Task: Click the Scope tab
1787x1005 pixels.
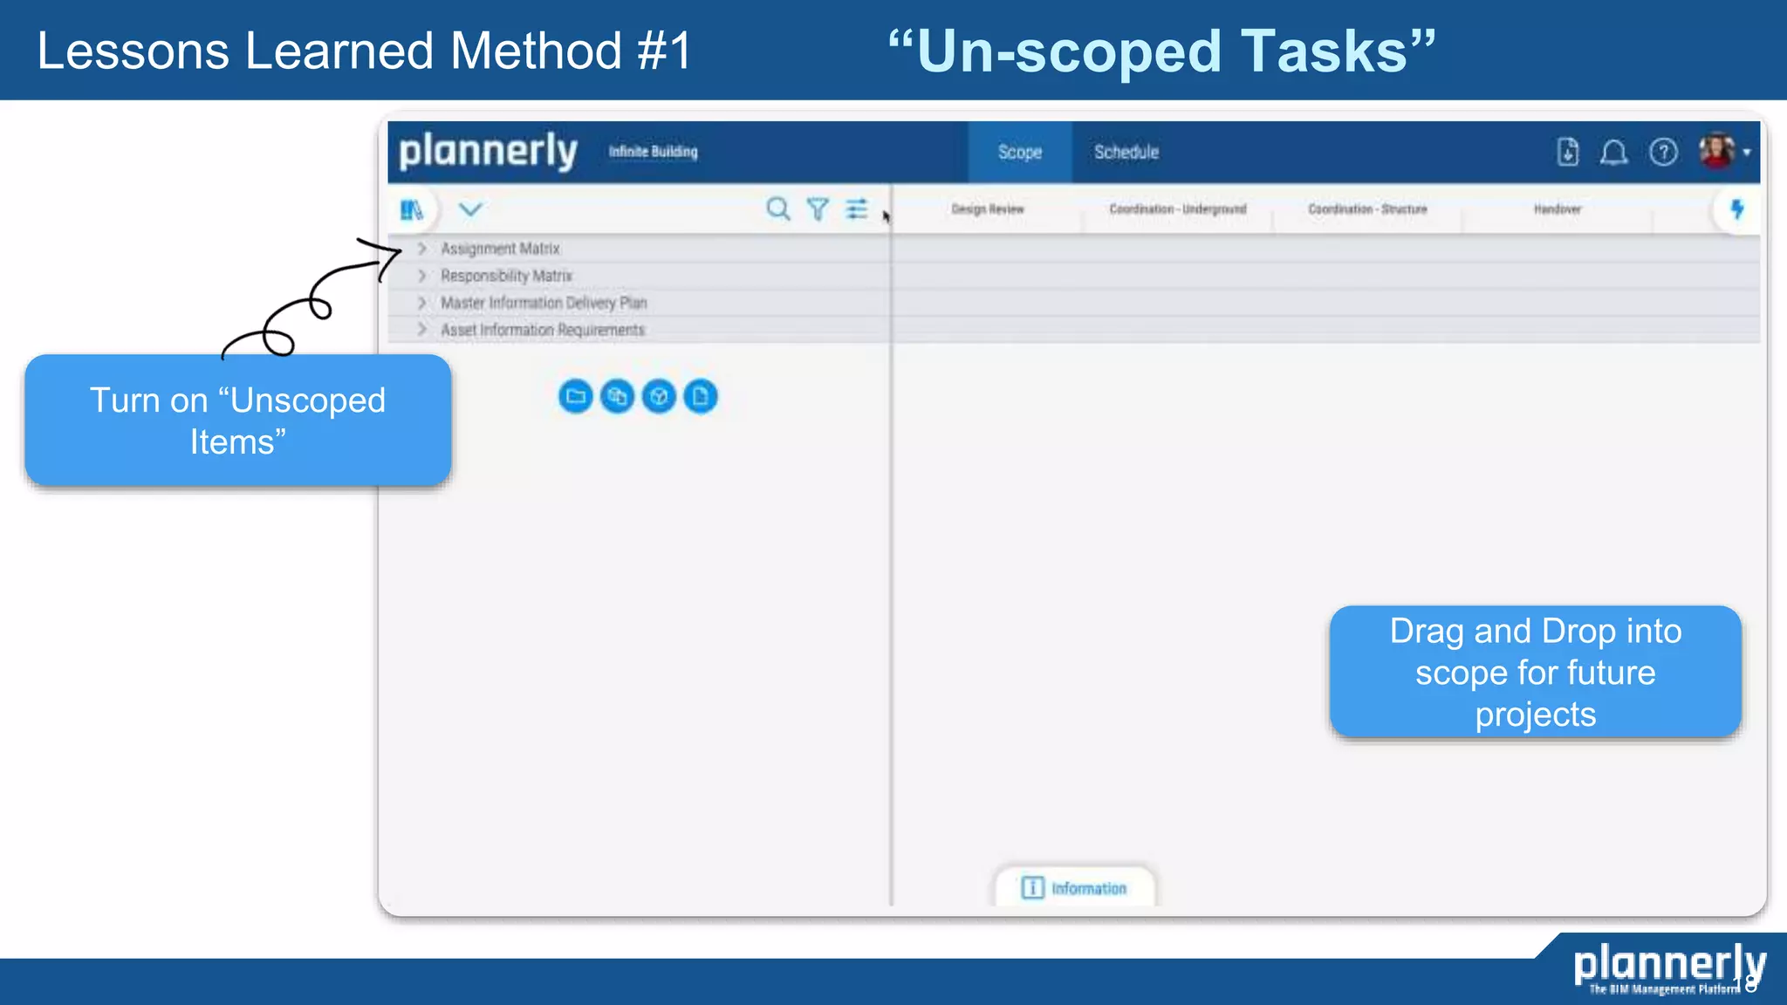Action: click(1019, 152)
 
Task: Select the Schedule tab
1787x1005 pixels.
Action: click(1126, 152)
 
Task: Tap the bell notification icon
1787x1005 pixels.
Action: click(1613, 153)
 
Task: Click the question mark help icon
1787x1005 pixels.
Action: click(1663, 153)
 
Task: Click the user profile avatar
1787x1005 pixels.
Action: click(1716, 151)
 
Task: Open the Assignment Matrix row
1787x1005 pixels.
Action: click(500, 249)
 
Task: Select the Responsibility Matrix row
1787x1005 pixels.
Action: click(506, 276)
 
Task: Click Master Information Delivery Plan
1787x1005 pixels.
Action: click(544, 303)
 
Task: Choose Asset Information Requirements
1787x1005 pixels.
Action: click(542, 330)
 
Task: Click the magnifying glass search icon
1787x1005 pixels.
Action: click(777, 209)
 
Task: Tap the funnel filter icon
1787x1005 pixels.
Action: click(818, 209)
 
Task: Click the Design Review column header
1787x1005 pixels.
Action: click(988, 209)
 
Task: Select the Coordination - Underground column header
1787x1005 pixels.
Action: click(1178, 209)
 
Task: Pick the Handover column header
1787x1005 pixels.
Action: click(1558, 209)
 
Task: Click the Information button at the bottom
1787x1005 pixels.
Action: click(1075, 888)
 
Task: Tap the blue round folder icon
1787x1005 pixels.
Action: click(576, 397)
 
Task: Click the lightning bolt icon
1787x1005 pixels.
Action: click(1736, 209)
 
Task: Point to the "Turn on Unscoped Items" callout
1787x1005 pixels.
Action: click(237, 420)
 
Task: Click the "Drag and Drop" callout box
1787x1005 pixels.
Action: click(1535, 672)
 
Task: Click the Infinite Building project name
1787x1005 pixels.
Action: click(653, 152)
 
